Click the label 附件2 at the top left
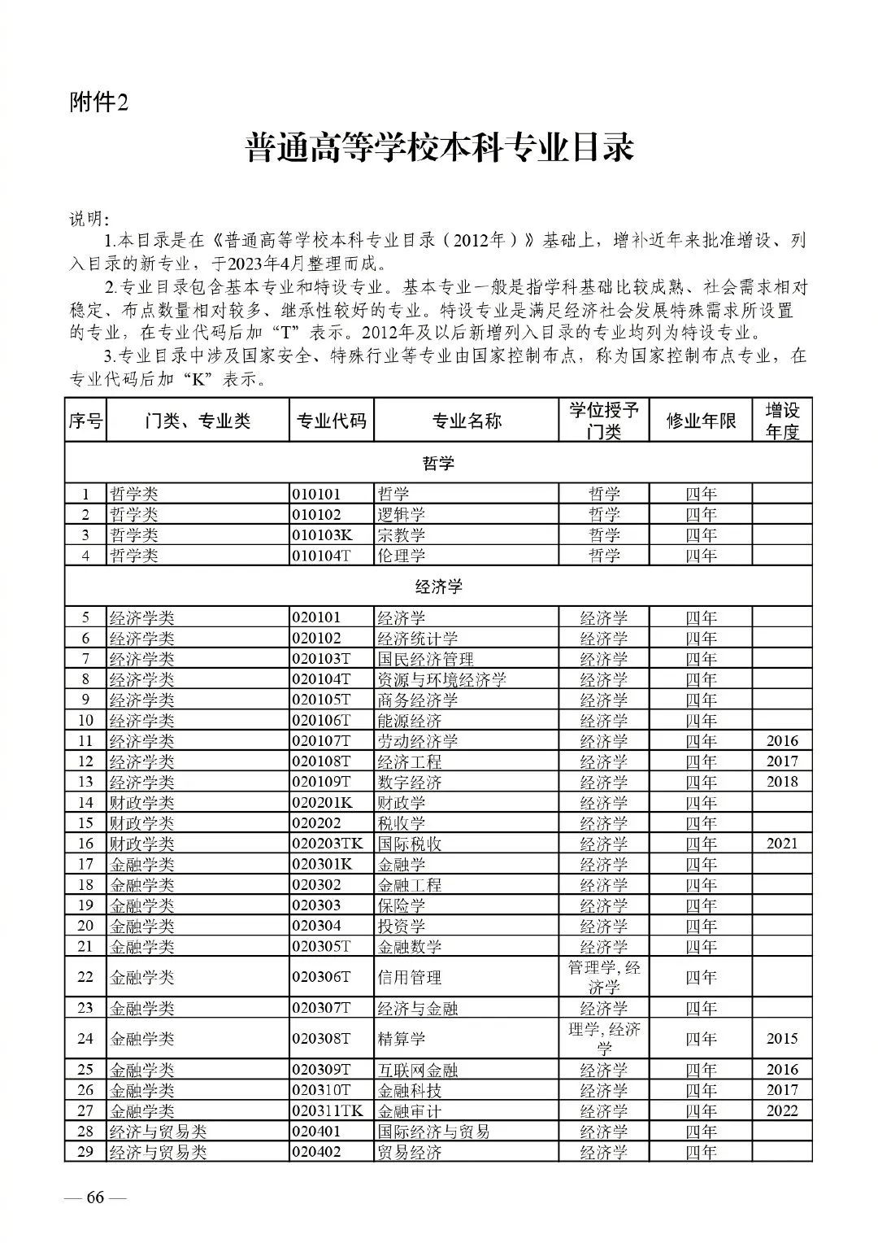tap(99, 103)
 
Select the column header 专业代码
tap(331, 420)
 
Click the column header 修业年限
tap(700, 420)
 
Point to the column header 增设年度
tap(781, 421)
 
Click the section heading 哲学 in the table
tap(438, 463)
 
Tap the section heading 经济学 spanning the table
tap(438, 586)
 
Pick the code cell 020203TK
tap(328, 844)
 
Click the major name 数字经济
tap(410, 782)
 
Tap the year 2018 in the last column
tap(782, 782)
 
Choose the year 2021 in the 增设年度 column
tap(782, 844)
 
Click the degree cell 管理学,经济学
tap(604, 977)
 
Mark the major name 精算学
tap(402, 1039)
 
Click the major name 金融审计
tap(410, 1111)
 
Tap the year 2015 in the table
tap(782, 1039)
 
